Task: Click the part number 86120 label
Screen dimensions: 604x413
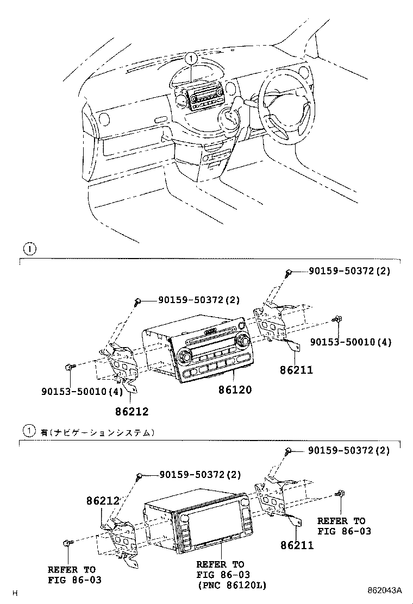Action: coord(235,390)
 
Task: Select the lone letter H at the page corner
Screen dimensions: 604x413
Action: coord(15,593)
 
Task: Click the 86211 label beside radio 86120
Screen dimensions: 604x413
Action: coord(297,371)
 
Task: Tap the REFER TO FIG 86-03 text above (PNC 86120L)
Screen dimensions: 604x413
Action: coord(220,570)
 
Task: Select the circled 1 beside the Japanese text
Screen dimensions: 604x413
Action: coord(29,432)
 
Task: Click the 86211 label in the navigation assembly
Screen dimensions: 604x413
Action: coord(297,545)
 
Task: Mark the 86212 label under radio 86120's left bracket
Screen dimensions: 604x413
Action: coord(132,412)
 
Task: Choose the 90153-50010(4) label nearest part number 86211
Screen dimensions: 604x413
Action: coord(351,342)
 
